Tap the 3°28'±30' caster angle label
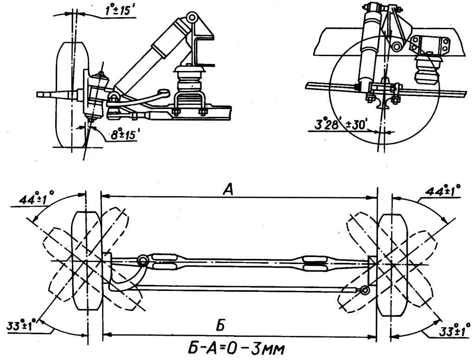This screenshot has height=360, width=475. tap(340, 125)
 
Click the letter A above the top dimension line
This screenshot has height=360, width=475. tap(229, 190)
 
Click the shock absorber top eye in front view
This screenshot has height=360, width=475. tap(192, 17)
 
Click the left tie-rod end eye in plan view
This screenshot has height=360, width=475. tap(143, 260)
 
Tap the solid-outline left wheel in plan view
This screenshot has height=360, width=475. tap(87, 262)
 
